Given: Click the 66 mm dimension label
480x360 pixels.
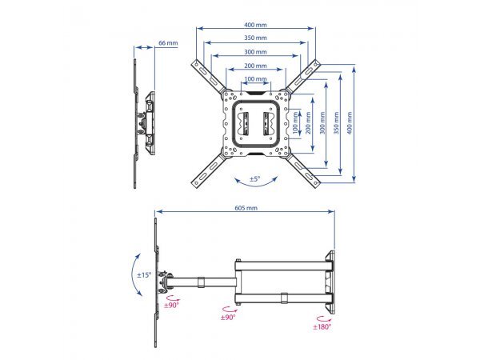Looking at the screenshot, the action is tap(168, 43).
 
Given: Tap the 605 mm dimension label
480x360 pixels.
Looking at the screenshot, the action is tap(246, 208).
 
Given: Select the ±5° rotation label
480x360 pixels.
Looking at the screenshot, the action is tap(254, 178).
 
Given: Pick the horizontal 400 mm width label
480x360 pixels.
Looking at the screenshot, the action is tap(256, 25).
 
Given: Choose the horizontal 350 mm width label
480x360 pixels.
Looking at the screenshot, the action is tap(256, 38).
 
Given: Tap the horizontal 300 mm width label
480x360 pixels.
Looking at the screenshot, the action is tap(256, 51).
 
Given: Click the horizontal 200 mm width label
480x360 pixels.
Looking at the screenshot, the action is tap(256, 66).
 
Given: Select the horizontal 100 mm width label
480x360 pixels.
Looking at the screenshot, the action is tap(256, 79).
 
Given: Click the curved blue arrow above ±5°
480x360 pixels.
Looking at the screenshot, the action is tap(254, 186).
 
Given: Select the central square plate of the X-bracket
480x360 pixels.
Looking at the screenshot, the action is tap(255, 123).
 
